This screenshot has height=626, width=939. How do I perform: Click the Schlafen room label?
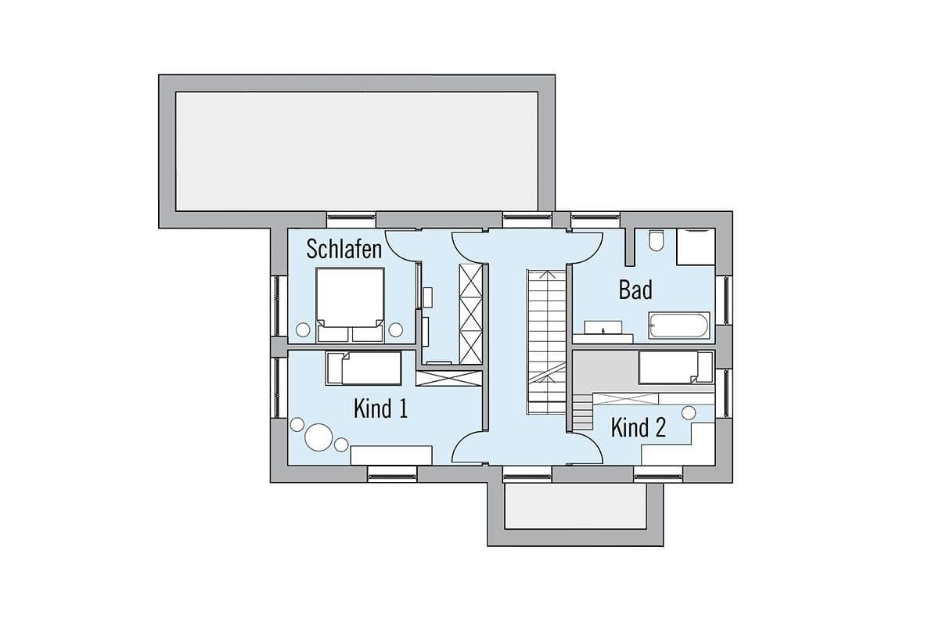tap(344, 249)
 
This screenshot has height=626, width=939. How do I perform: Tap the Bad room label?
tap(635, 290)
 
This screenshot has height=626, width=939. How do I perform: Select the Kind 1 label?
tap(380, 408)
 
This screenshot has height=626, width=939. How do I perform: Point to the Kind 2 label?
tap(639, 427)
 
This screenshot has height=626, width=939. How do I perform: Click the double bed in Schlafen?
tap(350, 305)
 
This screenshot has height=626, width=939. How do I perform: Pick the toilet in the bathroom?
tap(656, 241)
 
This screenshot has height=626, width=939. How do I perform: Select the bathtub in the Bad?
tap(679, 325)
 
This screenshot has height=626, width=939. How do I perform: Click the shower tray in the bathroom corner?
tap(696, 247)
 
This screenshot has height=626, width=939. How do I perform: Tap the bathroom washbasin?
tap(603, 328)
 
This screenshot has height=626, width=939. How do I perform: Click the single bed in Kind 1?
tap(363, 368)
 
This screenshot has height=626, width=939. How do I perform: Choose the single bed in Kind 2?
tap(676, 367)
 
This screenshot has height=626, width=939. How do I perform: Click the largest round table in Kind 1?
tap(318, 437)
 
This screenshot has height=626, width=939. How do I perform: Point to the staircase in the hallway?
tap(547, 342)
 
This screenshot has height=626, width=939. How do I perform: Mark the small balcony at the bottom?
tap(576, 506)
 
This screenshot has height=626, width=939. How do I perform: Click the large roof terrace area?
tap(357, 151)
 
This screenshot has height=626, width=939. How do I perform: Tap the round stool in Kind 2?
tap(689, 413)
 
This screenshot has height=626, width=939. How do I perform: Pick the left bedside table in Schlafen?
tap(303, 330)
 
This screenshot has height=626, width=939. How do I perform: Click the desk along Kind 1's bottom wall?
tap(391, 455)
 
